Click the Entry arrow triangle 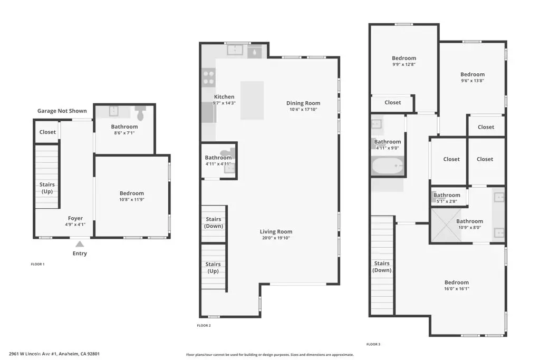click(80, 244)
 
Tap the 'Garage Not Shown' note click(62, 111)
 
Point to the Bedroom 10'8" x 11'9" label click(132, 197)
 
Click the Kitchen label click(224, 97)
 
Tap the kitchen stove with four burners click(209, 77)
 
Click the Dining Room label click(303, 103)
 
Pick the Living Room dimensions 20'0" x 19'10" click(276, 238)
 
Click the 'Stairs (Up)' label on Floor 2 click(213, 268)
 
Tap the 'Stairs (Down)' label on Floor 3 click(382, 267)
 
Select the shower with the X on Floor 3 click(447, 226)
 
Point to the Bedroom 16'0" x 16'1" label click(456, 286)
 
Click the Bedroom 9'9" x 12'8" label click(404, 61)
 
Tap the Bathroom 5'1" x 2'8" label click(447, 198)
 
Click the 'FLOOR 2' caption click(204, 326)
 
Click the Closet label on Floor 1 click(47, 132)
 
